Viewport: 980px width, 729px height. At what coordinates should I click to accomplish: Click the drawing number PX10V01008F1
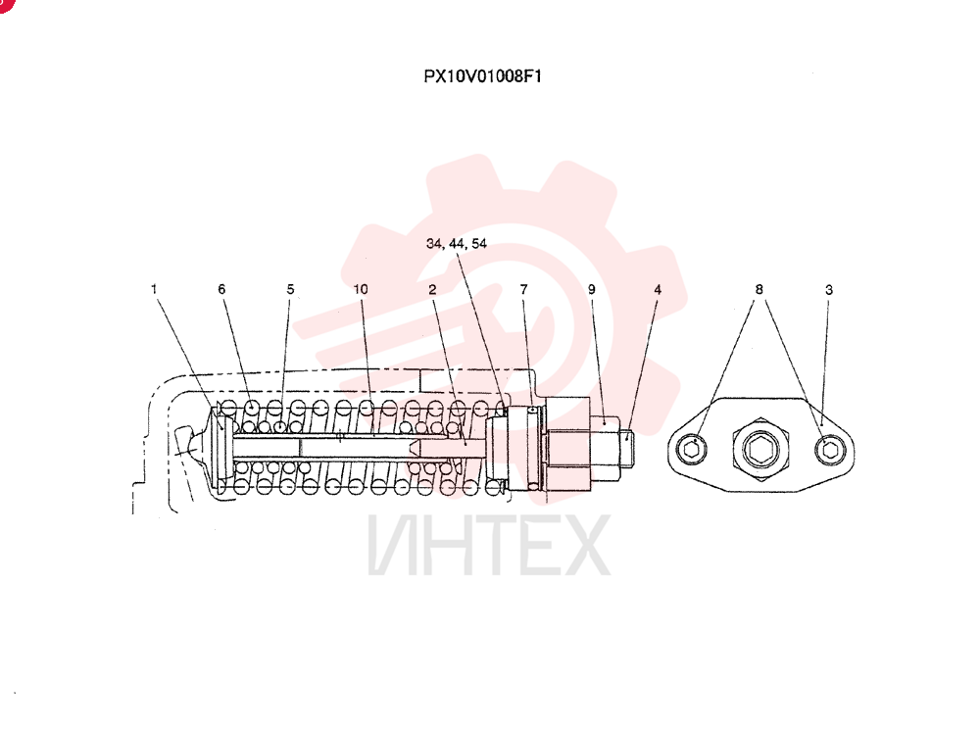(x=482, y=76)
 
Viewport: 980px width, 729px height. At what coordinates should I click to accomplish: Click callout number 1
(x=154, y=289)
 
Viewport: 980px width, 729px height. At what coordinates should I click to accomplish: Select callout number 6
(x=221, y=289)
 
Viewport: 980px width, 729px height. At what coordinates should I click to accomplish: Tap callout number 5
(x=290, y=289)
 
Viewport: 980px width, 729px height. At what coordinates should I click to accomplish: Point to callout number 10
(x=361, y=289)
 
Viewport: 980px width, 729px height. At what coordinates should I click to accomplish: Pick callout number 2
(x=432, y=289)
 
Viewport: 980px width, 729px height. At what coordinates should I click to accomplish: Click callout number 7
(x=523, y=289)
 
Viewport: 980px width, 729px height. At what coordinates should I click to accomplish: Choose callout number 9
(x=591, y=289)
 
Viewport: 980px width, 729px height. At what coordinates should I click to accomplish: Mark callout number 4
(x=658, y=289)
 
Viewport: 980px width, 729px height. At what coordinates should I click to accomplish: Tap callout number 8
(x=759, y=289)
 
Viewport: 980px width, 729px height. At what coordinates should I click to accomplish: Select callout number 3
(x=829, y=289)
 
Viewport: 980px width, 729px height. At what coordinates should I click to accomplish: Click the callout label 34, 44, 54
(x=457, y=244)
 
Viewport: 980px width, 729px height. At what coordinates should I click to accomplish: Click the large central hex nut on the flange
(x=760, y=449)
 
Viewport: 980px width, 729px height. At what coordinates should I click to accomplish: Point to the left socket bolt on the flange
(x=692, y=449)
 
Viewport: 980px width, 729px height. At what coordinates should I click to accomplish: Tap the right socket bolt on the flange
(x=831, y=449)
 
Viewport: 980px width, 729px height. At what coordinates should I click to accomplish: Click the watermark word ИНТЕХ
(x=489, y=545)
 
